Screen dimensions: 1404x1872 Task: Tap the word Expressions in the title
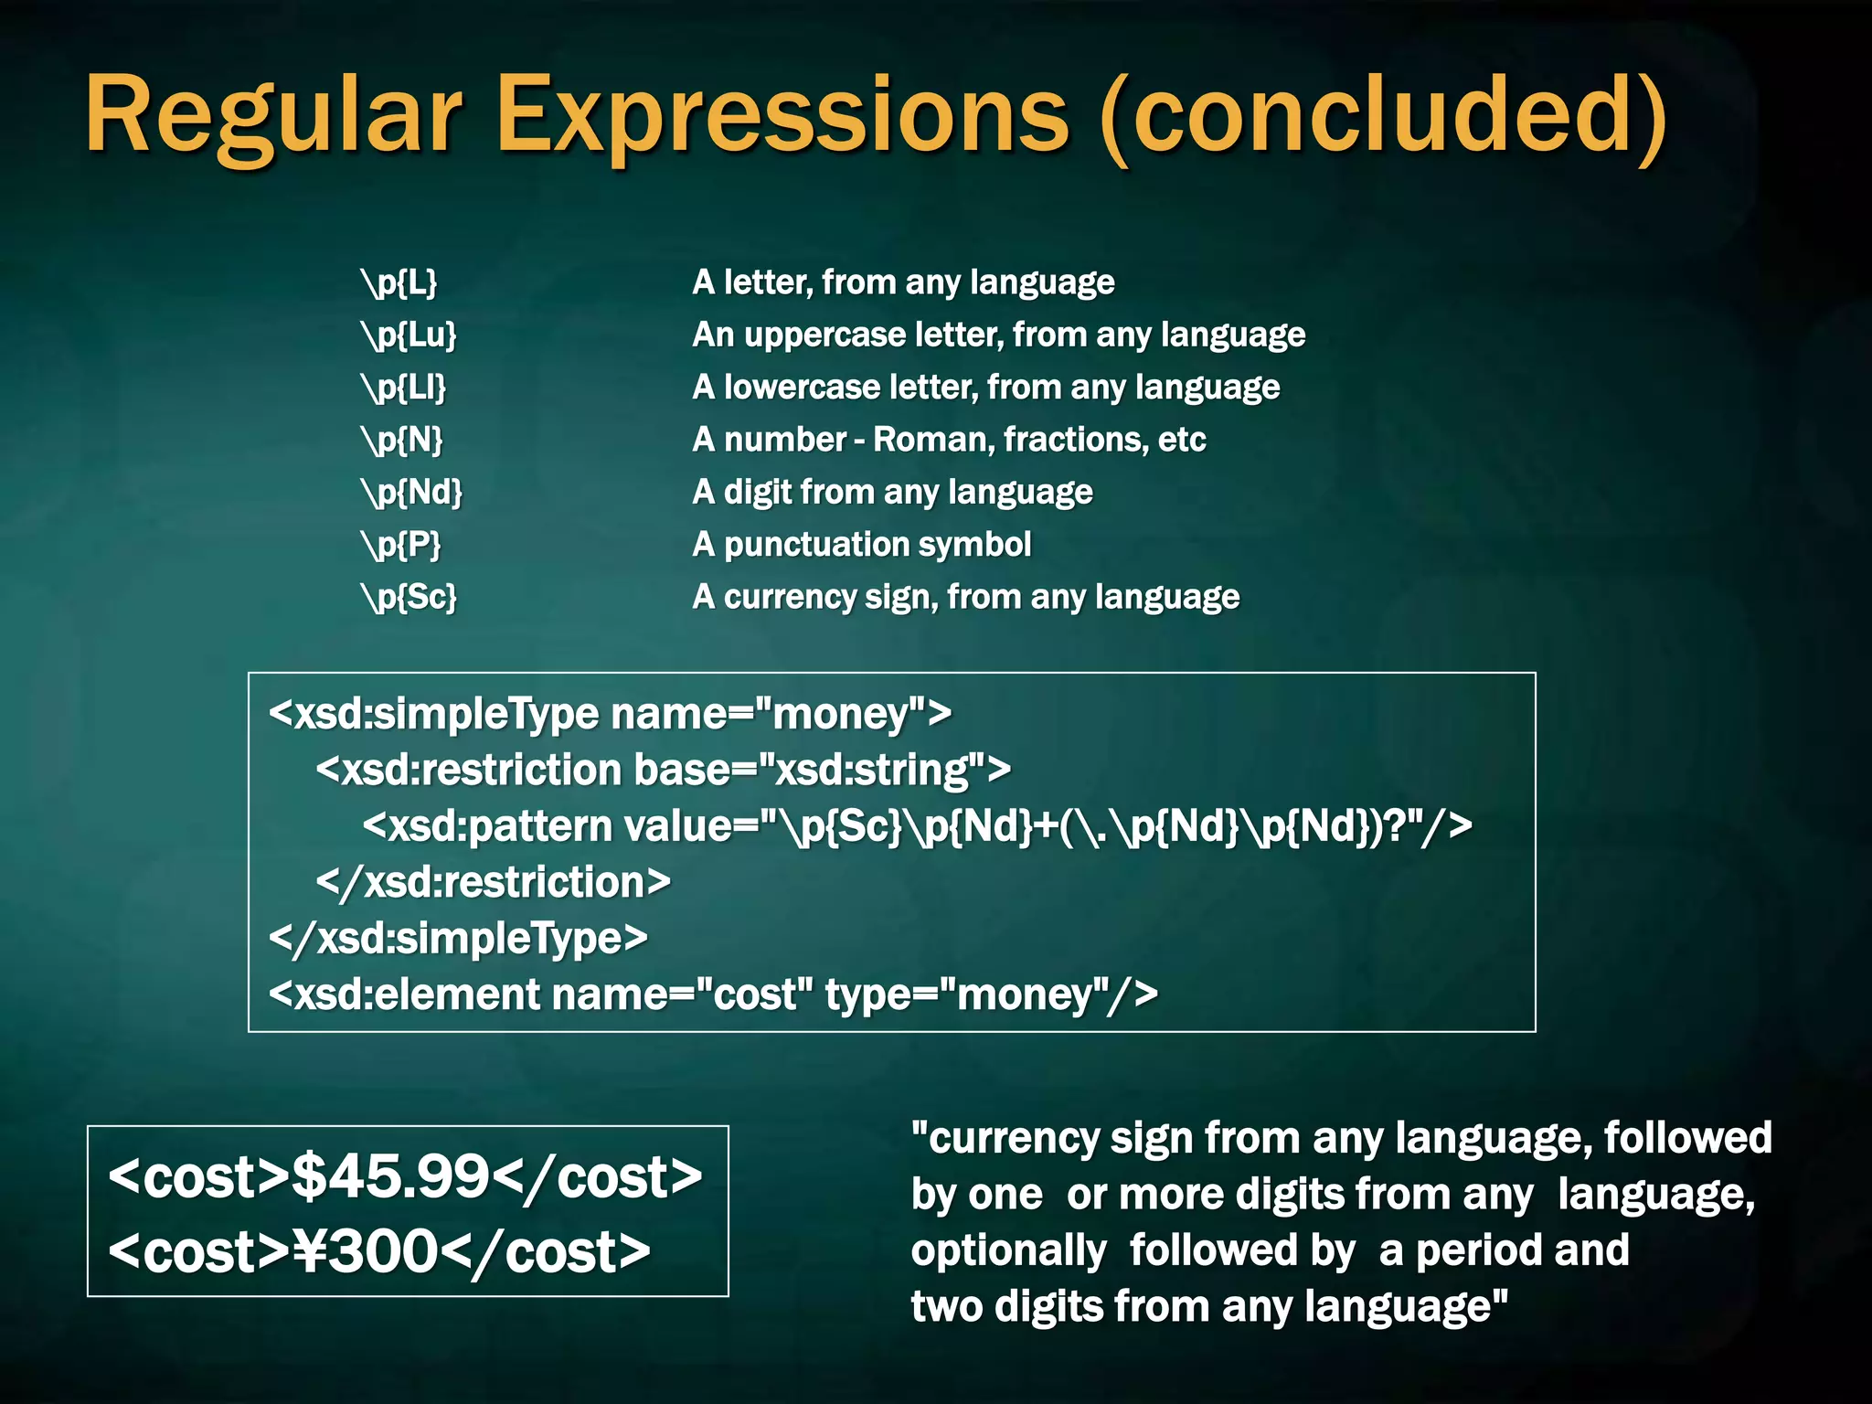(x=782, y=117)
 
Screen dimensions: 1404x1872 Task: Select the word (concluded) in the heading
(x=1385, y=117)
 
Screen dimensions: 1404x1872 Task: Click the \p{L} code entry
(x=399, y=282)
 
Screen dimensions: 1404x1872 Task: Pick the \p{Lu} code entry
(x=409, y=335)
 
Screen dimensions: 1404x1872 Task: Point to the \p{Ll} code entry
(x=404, y=388)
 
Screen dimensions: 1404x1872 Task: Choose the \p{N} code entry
(x=402, y=440)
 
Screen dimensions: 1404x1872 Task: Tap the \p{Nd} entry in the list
(x=412, y=492)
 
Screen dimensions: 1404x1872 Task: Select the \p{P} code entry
(x=401, y=545)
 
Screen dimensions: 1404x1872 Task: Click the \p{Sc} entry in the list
(x=409, y=597)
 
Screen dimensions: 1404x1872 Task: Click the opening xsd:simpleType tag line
(x=610, y=714)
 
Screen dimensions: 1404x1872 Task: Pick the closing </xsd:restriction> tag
(x=494, y=882)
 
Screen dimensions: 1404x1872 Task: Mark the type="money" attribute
(x=992, y=994)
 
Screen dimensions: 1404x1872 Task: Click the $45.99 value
(x=391, y=1176)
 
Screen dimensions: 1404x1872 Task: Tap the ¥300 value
(x=366, y=1251)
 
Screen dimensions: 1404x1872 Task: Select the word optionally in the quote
(x=1008, y=1250)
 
